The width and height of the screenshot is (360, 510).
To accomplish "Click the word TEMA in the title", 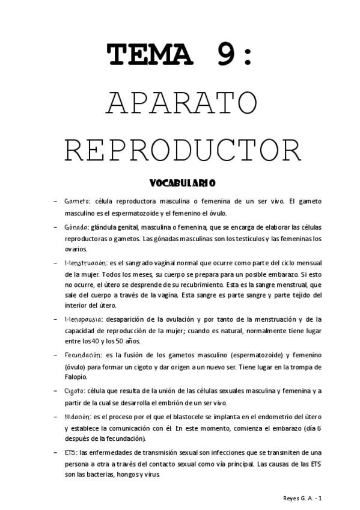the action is (151, 56).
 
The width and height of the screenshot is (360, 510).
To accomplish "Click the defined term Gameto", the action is (77, 201).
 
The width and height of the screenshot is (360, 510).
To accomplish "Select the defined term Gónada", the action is (76, 227).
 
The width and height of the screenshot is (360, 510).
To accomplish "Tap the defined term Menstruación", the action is (85, 263).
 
